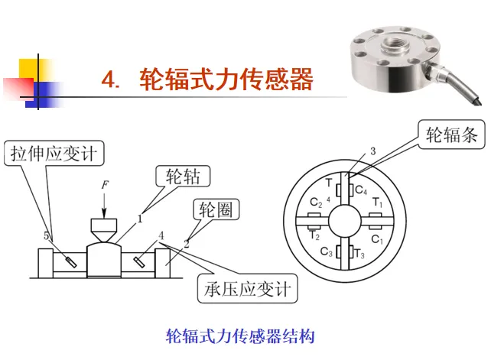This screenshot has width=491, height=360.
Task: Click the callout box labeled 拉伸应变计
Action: coord(54,154)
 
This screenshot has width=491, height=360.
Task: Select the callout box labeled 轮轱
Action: coord(183,177)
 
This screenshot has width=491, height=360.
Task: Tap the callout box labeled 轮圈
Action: coord(216,209)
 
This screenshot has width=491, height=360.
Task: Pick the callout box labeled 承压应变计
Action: coord(247,289)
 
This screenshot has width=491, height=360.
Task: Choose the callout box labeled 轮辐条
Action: coord(451,135)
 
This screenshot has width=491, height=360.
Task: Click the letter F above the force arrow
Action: coord(105,185)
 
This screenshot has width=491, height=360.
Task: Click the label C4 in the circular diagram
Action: coord(361,190)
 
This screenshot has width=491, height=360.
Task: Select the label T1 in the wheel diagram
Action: coord(377,203)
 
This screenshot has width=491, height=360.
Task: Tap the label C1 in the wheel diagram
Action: coord(377,239)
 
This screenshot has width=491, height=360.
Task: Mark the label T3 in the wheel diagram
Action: coord(359,253)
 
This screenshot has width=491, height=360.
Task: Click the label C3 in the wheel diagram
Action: coord(327,251)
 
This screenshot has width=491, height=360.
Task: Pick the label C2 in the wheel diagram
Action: coord(316,203)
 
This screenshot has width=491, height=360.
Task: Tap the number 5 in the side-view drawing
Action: coord(47,235)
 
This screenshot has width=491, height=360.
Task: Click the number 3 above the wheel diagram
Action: coord(372,151)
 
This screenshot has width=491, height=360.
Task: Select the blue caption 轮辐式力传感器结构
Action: coord(240,336)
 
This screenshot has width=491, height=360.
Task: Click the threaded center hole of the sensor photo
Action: coord(395,43)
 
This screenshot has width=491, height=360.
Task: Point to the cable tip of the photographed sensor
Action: coord(479,102)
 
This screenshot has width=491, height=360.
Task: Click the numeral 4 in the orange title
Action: coord(109,79)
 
